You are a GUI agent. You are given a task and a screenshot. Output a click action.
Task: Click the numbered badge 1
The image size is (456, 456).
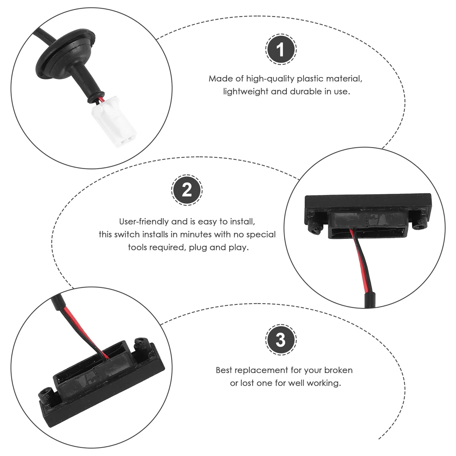coord(281,49)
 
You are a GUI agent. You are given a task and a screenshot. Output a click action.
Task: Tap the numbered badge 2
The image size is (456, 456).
coord(187,190)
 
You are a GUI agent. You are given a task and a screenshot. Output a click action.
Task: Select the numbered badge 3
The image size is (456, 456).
coord(281,340)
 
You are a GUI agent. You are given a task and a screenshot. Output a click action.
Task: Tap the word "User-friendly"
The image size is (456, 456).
coord(144,222)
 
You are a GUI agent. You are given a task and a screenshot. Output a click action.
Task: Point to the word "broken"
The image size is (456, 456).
coord(339,370)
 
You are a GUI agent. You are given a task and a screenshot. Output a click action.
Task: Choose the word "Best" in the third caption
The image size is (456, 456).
coord(224,370)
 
